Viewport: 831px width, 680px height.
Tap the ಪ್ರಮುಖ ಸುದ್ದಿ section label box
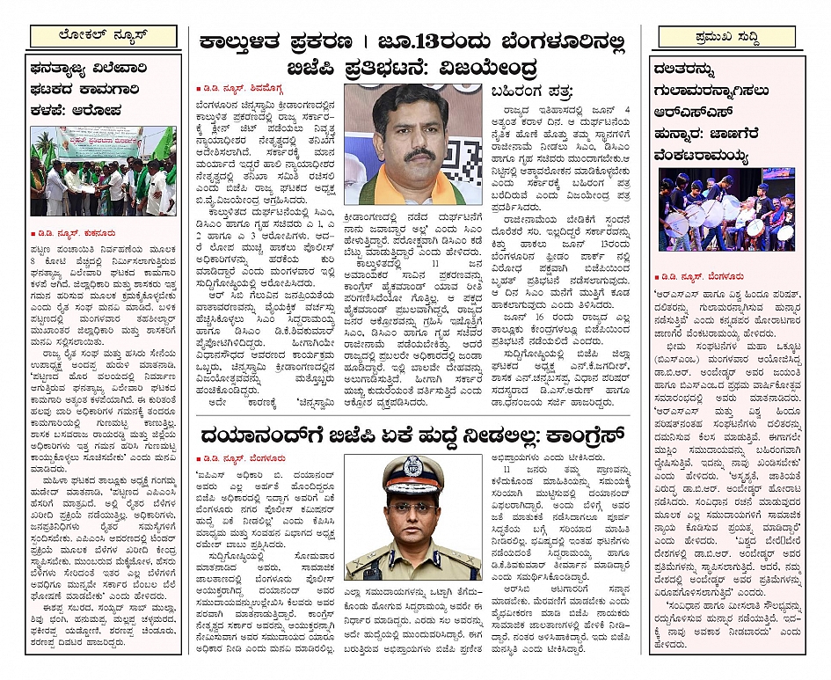coord(727,37)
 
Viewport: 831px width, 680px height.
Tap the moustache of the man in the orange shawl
coord(410,154)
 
